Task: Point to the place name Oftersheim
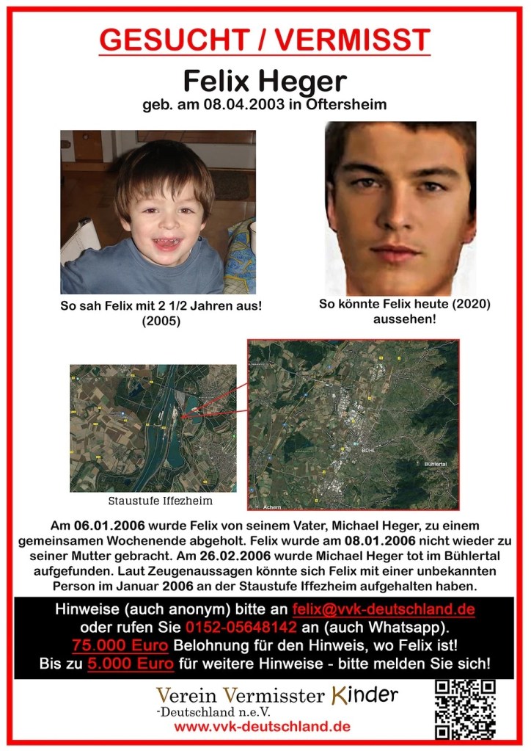pos(344,105)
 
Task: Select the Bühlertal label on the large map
pos(437,464)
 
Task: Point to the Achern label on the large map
pos(272,507)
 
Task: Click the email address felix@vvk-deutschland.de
pos(382,609)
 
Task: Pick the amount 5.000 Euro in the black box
pos(131,664)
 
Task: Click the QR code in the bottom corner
pos(465,709)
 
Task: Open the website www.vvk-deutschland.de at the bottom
pos(262,727)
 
